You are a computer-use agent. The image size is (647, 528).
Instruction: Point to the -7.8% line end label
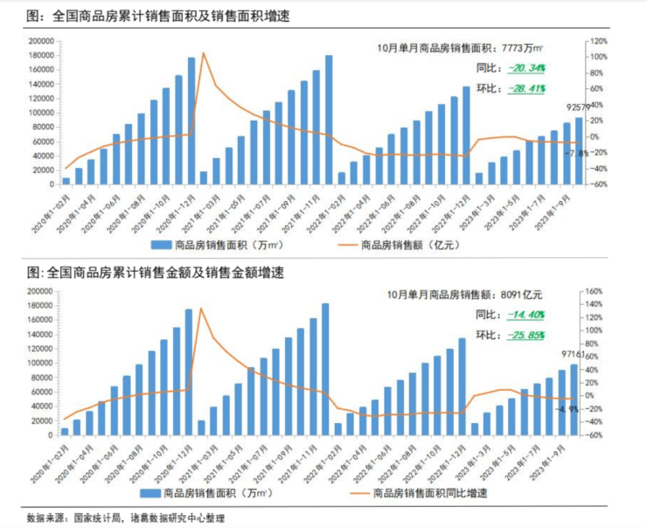(x=574, y=153)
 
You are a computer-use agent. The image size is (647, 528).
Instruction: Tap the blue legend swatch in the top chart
(x=161, y=245)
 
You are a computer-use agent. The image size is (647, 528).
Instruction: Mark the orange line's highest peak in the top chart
(x=203, y=53)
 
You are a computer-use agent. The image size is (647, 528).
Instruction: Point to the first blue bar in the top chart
(x=66, y=181)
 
